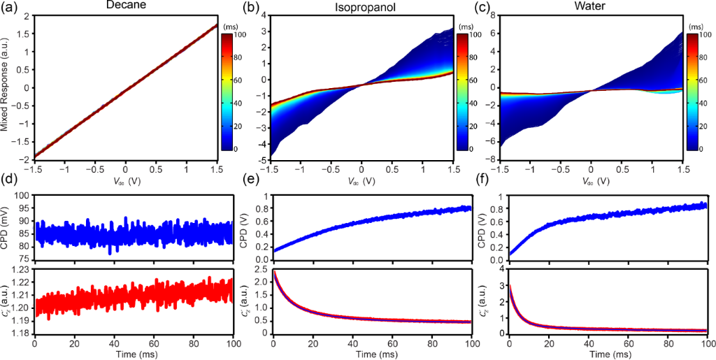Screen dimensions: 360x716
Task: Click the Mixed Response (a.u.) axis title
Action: click(x=6, y=87)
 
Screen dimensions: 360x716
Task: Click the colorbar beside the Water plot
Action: click(x=695, y=91)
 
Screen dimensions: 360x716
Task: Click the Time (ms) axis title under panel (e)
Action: click(x=373, y=354)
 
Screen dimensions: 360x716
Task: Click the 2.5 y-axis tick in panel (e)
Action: click(x=259, y=270)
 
